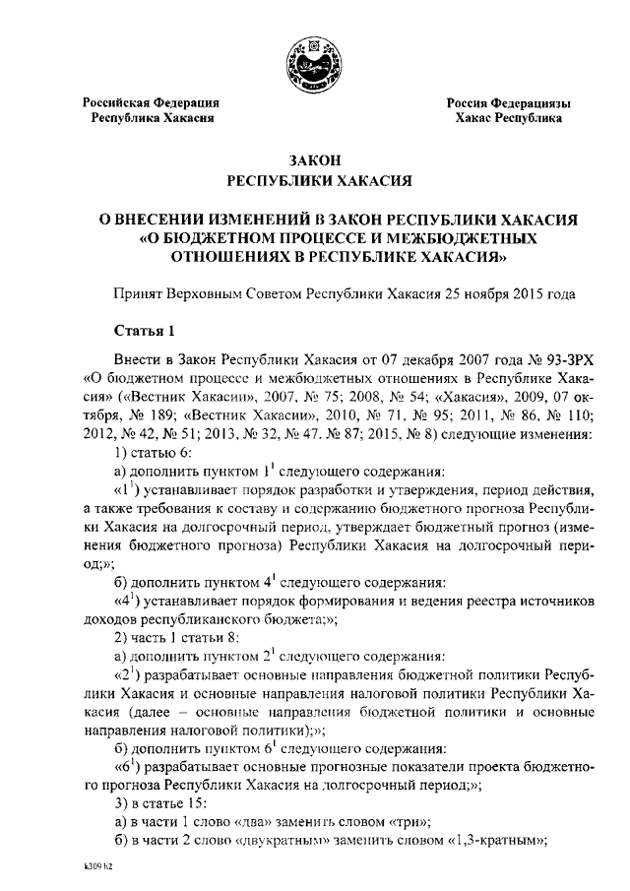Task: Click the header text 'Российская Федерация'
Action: click(x=151, y=102)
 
